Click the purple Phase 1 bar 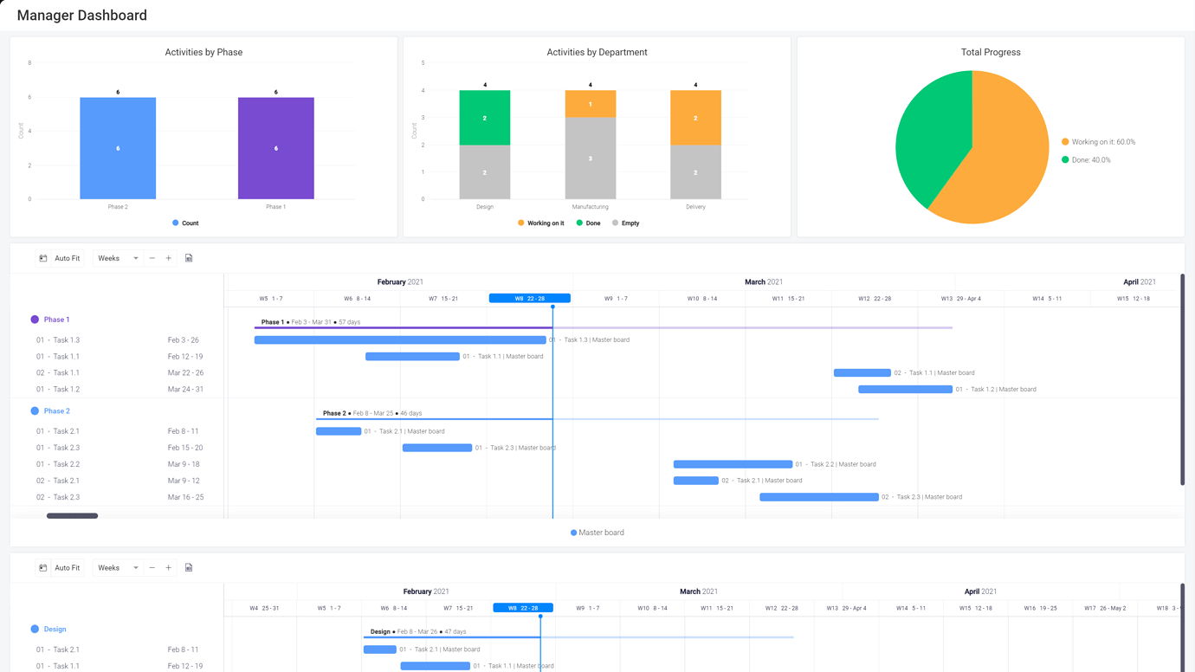(x=275, y=148)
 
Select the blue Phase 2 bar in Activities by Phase (x=118, y=148)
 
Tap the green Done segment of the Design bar (x=484, y=118)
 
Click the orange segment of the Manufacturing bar (x=590, y=104)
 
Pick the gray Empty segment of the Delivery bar (x=695, y=172)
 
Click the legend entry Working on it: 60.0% (x=1102, y=142)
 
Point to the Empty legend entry (x=630, y=223)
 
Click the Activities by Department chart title (x=597, y=52)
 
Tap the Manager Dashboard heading (x=82, y=16)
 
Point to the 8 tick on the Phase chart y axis (x=29, y=63)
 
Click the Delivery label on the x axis (x=695, y=207)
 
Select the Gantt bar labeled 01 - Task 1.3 (x=400, y=340)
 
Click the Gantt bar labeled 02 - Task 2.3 (x=818, y=497)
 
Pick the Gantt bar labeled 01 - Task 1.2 (x=905, y=390)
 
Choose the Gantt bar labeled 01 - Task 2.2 (x=733, y=464)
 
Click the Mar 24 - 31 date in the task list (x=185, y=390)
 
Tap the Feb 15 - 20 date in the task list (x=185, y=448)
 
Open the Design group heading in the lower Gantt (x=55, y=630)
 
